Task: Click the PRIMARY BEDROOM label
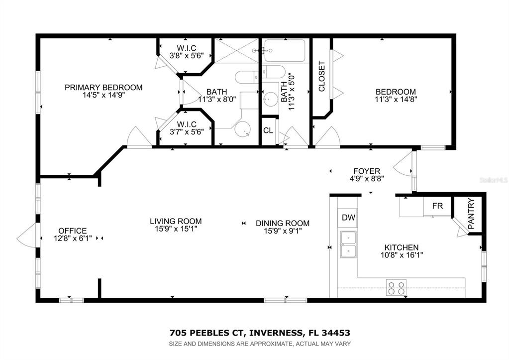[x=103, y=88]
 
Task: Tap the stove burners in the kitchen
[x=397, y=287]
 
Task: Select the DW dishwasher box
[x=349, y=218]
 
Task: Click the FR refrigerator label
[x=437, y=206]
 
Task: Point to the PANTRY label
[x=471, y=214]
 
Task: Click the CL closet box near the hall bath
[x=269, y=130]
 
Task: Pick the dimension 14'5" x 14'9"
[x=103, y=95]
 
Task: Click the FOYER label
[x=367, y=171]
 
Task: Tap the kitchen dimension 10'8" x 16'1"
[x=402, y=255]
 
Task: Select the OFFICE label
[x=73, y=231]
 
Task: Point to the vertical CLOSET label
[x=321, y=76]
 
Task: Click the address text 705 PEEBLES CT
[x=206, y=333]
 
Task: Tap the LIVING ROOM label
[x=176, y=221]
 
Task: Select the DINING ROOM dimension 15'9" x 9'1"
[x=283, y=231]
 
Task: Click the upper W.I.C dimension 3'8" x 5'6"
[x=187, y=56]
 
